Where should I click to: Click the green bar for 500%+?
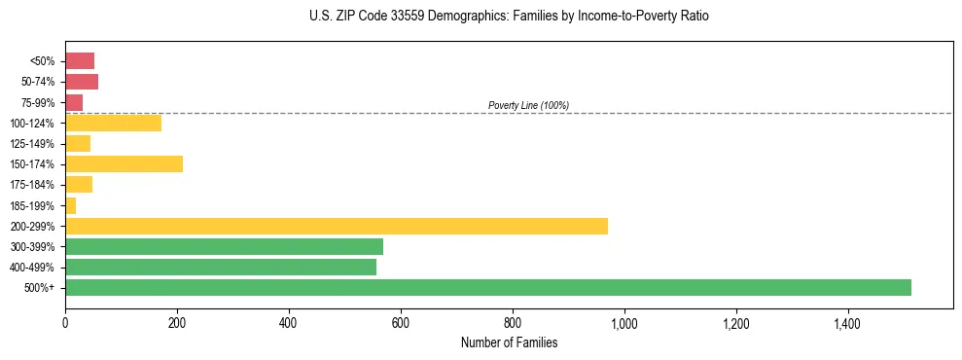coord(487,287)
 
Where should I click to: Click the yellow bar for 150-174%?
coord(124,163)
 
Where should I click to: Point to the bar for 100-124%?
coord(113,123)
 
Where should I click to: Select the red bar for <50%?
coord(80,61)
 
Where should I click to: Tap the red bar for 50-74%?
coord(82,82)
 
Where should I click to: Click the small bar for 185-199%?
coord(70,205)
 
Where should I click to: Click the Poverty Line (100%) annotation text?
coord(528,105)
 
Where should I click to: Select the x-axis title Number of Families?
coord(509,342)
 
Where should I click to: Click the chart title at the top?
coord(509,17)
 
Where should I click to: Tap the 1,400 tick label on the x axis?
coord(847,322)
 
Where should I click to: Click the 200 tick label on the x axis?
coord(177,322)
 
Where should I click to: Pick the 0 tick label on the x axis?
coord(65,322)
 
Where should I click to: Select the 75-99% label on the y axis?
coord(39,102)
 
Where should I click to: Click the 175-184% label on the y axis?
coord(35,185)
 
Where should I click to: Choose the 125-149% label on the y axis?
coord(35,144)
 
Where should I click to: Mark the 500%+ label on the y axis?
coord(41,288)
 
